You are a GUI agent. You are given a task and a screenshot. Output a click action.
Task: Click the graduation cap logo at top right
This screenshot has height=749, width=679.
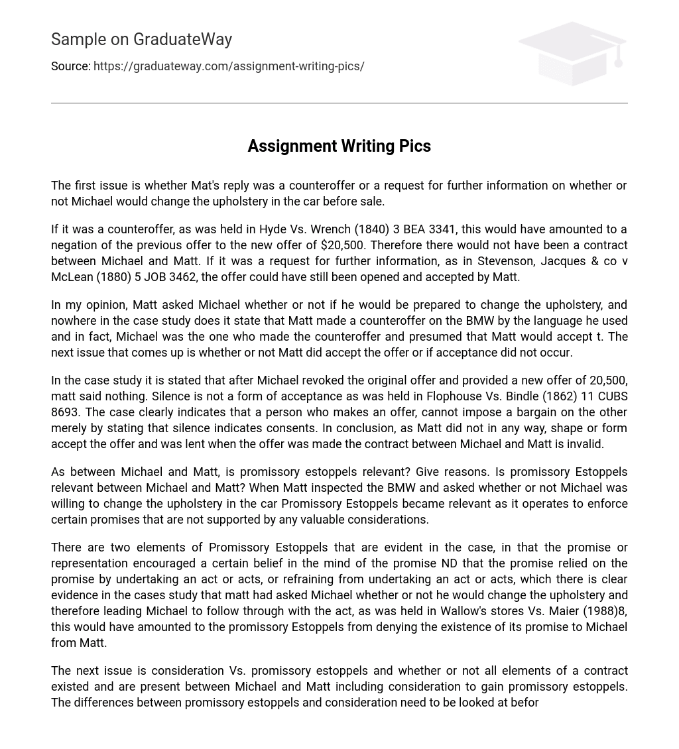click(572, 53)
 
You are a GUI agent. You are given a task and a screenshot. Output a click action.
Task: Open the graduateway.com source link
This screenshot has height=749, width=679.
click(229, 66)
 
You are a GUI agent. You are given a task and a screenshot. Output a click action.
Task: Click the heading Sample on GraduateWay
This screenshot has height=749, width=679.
click(141, 40)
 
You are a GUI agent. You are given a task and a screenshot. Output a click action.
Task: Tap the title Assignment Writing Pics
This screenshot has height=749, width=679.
click(339, 146)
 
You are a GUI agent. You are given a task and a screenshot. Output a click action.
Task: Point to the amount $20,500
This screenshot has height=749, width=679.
click(343, 245)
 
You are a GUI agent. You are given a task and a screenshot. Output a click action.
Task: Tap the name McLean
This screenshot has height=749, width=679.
click(72, 277)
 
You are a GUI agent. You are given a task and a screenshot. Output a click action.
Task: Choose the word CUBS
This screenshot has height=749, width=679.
click(611, 396)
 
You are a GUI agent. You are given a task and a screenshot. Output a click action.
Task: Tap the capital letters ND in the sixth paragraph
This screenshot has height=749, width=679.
click(449, 563)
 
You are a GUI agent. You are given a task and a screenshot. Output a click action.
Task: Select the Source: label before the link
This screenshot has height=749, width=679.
click(71, 66)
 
